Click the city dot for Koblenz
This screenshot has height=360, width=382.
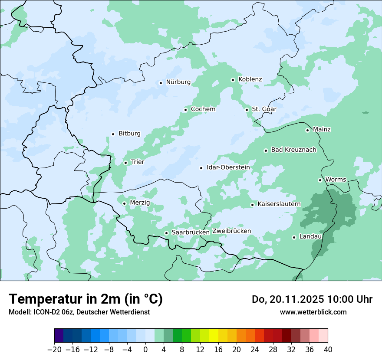[233, 80]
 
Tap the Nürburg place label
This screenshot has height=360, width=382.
[178, 82]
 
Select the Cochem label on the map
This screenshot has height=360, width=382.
[203, 109]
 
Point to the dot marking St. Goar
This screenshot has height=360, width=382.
[247, 110]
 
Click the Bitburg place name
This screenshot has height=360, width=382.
[129, 134]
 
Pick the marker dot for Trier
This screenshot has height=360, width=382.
[125, 163]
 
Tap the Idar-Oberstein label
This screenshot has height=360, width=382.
[228, 167]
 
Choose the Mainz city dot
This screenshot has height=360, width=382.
[307, 130]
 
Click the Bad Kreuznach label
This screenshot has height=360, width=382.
[293, 150]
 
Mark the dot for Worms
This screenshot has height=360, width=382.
[320, 180]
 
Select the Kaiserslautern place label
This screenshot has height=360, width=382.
[279, 204]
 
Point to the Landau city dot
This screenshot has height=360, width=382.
[294, 237]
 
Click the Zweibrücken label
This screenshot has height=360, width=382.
[231, 231]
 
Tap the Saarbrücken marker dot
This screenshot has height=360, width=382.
[166, 233]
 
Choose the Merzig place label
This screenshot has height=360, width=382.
[140, 203]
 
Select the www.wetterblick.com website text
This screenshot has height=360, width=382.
[313, 312]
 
